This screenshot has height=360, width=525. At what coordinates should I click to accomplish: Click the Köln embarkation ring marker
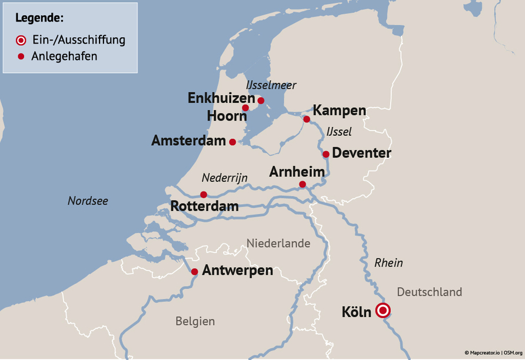tap(383, 310)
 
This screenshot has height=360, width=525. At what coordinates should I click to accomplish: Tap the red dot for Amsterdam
tap(232, 142)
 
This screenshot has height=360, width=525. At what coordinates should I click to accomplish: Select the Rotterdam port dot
tap(203, 195)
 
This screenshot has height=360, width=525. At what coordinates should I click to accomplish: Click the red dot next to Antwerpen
tap(194, 271)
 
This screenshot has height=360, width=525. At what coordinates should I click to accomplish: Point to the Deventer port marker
tap(325, 154)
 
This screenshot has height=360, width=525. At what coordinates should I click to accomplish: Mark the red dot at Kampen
tap(307, 119)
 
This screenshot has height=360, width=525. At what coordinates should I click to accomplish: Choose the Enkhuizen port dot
tap(261, 101)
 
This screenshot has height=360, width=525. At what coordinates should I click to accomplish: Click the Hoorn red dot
tap(245, 108)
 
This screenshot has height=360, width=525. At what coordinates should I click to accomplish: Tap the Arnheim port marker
tap(302, 184)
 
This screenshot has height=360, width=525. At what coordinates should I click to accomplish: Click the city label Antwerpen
tap(237, 271)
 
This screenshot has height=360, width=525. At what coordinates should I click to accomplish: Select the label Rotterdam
tap(204, 206)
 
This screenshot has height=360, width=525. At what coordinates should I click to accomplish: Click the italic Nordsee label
tap(88, 201)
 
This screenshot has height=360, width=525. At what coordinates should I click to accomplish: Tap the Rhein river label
tap(388, 263)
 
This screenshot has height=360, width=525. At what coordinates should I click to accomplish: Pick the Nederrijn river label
tap(224, 178)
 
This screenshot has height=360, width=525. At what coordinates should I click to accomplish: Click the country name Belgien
tap(195, 322)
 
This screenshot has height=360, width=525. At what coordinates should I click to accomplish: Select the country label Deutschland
tap(429, 292)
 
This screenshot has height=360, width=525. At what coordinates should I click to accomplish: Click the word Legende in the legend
tap(39, 18)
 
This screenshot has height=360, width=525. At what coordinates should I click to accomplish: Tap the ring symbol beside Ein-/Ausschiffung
tap(21, 41)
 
